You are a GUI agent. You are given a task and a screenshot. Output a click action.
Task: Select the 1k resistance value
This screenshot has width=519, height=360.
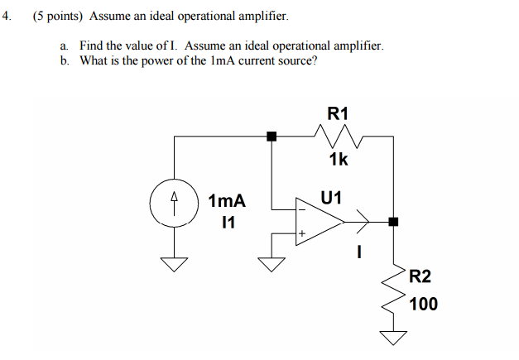click(338, 159)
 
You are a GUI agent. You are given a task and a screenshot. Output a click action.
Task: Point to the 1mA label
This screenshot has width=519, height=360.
click(227, 201)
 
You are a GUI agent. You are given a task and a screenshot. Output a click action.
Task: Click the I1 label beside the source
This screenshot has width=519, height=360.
click(228, 222)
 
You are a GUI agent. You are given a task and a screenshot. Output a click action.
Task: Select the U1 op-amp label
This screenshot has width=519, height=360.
click(331, 198)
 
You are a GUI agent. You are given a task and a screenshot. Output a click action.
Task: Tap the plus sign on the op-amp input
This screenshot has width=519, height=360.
click(302, 235)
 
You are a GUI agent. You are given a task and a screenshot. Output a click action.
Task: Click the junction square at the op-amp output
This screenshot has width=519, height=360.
click(393, 222)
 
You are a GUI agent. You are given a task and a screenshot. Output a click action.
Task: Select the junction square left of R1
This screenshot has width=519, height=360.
click(271, 136)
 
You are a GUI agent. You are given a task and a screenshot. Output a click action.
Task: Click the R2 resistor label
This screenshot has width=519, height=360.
click(420, 276)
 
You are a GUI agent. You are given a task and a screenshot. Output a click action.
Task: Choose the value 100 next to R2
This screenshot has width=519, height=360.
click(423, 304)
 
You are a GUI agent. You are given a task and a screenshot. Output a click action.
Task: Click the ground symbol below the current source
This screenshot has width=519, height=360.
click(174, 264)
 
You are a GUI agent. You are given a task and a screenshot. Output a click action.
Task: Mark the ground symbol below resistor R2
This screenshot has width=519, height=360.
click(394, 337)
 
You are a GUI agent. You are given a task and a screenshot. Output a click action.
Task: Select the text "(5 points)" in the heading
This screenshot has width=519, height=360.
click(58, 16)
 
